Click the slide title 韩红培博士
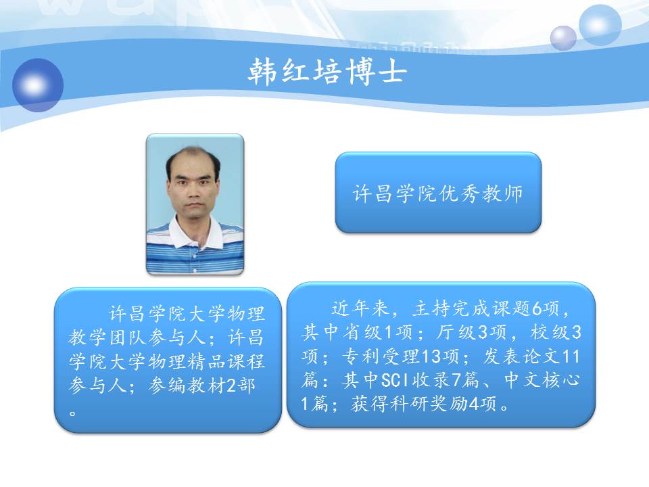coord(327,71)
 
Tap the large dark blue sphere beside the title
coord(38,85)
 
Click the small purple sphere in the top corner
coord(563,38)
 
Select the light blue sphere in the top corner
coord(600,24)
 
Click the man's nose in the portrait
coord(193,191)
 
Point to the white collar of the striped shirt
coord(195,233)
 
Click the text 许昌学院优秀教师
coord(438,193)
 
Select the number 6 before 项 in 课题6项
coord(537,308)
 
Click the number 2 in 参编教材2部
coord(231,386)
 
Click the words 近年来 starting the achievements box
coord(360,308)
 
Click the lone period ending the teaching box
coord(73,413)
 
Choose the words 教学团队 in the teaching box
coord(108,338)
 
